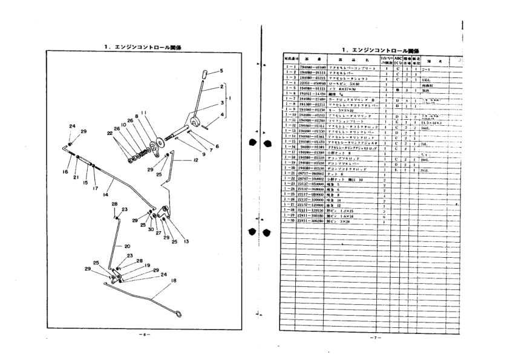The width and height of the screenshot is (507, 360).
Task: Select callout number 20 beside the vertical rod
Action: (128, 246)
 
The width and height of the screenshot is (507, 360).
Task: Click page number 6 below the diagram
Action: (141, 333)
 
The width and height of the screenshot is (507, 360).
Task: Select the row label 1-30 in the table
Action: (290, 221)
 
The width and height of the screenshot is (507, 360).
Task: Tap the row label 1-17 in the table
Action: (290, 152)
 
